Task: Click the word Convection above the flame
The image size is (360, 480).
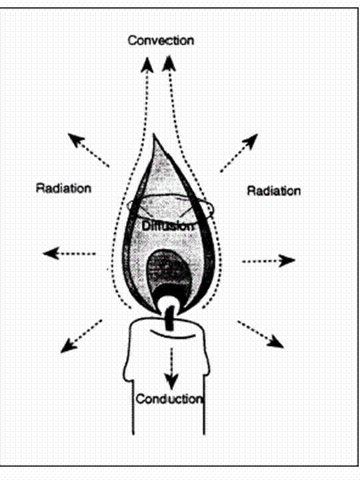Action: [x=161, y=41]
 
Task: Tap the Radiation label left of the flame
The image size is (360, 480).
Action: [x=64, y=188]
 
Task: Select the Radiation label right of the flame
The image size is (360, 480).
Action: [x=274, y=191]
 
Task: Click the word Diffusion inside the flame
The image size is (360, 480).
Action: [x=168, y=226]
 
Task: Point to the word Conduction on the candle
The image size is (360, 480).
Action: [x=169, y=399]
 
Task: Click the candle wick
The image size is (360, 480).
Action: [x=169, y=319]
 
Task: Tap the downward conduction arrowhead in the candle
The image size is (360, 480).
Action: [x=171, y=382]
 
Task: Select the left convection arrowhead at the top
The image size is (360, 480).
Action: [x=147, y=65]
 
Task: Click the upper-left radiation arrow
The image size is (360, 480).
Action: [x=88, y=150]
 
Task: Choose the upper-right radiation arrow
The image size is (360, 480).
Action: [x=239, y=153]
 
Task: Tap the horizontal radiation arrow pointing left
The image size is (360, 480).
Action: [x=69, y=253]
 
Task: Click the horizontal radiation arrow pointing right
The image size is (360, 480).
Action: [x=269, y=261]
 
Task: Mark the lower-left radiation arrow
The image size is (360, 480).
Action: [x=81, y=336]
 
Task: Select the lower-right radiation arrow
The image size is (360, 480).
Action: [x=261, y=334]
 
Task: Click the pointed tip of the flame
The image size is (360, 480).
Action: [x=154, y=134]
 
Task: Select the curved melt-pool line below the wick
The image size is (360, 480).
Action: [x=173, y=335]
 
